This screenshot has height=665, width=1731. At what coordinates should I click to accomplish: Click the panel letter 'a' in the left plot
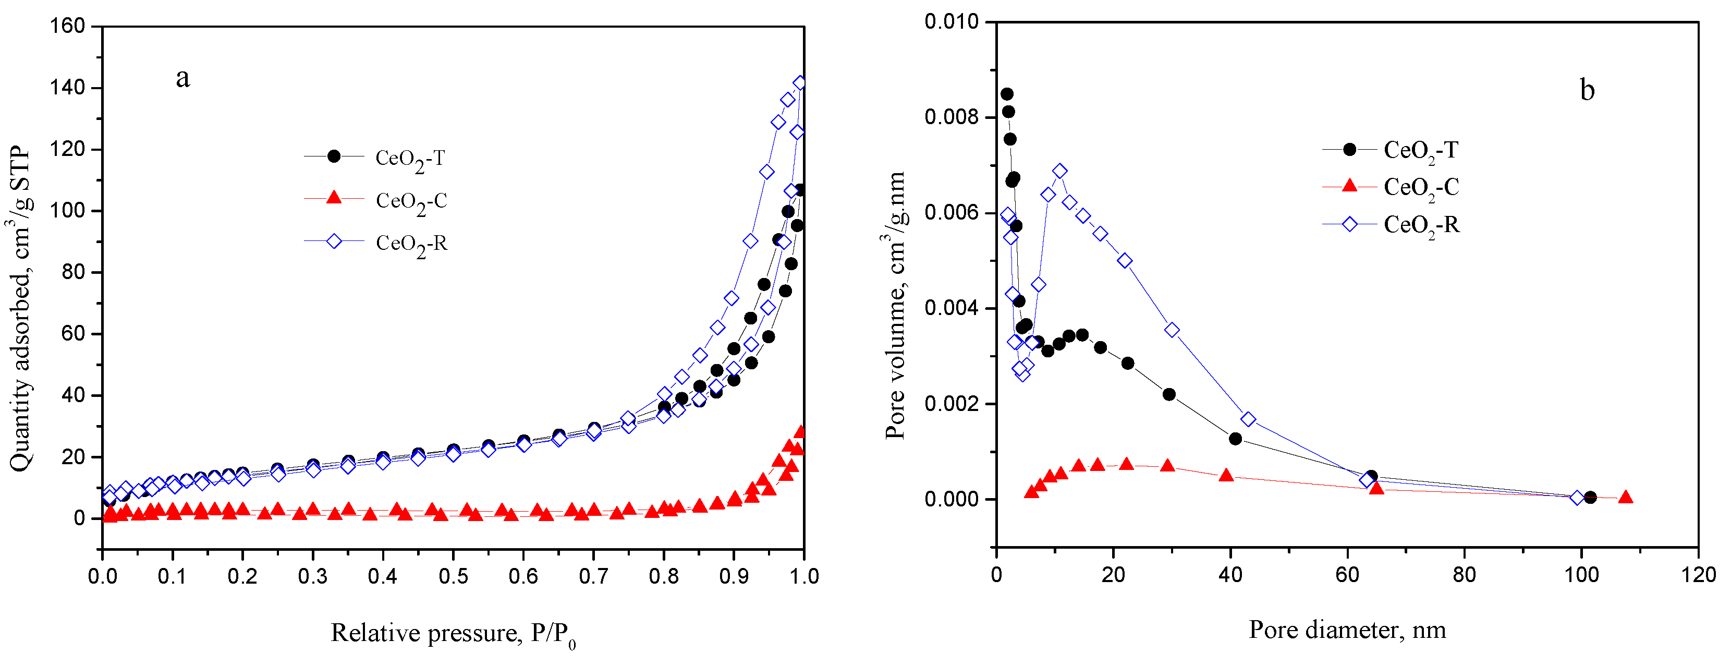pyautogui.click(x=183, y=79)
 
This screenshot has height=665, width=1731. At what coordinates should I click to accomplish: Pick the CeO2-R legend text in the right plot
pyautogui.click(x=1421, y=225)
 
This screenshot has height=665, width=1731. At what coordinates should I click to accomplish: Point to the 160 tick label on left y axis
pyautogui.click(x=68, y=26)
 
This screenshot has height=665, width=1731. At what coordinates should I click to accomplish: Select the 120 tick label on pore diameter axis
pyautogui.click(x=1698, y=575)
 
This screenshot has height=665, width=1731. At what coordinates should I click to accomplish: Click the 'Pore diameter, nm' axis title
pyautogui.click(x=1347, y=630)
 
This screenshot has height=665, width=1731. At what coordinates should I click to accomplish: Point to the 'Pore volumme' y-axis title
pyautogui.click(x=895, y=306)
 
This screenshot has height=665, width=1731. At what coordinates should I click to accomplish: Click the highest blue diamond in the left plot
pyautogui.click(x=800, y=83)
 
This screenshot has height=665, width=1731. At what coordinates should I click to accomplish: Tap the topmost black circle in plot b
pyautogui.click(x=1007, y=94)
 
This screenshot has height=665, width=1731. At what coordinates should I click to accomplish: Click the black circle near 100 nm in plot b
pyautogui.click(x=1590, y=498)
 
